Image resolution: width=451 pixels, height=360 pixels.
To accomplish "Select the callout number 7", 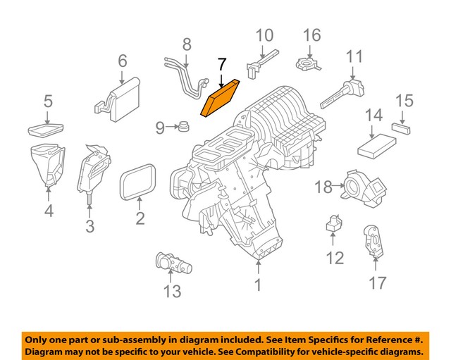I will pyautogui.click(x=222, y=66).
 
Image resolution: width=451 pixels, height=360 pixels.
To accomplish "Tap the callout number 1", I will pyautogui.click(x=258, y=285).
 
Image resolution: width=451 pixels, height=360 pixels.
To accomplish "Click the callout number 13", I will pyautogui.click(x=171, y=290).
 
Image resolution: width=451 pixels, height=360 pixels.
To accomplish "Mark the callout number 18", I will pyautogui.click(x=323, y=187).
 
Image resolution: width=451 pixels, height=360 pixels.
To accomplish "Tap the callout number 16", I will pyautogui.click(x=311, y=35).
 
